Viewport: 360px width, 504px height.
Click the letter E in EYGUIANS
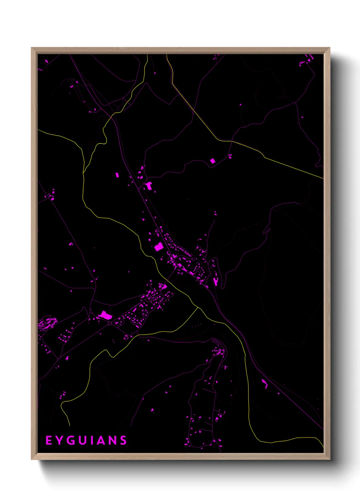coord(49,440)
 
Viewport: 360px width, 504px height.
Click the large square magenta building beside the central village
coord(159,247)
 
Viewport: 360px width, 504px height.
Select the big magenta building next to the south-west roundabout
coord(105,316)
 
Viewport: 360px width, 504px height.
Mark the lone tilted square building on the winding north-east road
coord(213,161)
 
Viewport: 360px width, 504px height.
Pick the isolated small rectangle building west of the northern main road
coord(117,175)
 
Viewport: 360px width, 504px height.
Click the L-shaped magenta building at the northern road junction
coord(149,186)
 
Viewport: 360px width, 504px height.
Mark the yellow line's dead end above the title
coord(69,425)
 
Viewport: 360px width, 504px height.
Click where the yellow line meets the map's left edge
coord(38,130)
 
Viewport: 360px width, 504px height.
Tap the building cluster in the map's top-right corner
coord(306,61)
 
